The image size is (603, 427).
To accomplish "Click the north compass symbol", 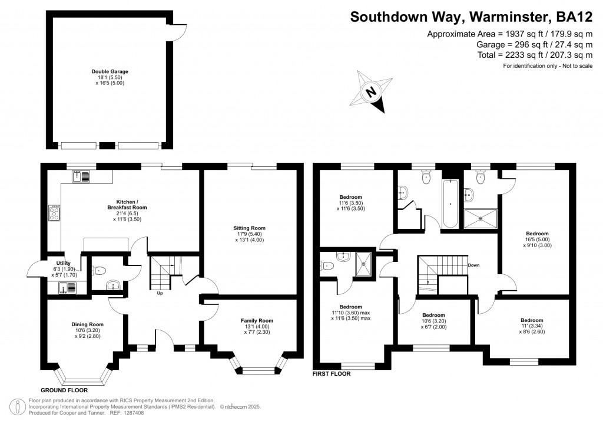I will click(x=372, y=92).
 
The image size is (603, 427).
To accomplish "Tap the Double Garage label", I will click(x=110, y=72).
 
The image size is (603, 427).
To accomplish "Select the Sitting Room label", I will click(x=250, y=228).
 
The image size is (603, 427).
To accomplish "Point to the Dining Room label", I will click(x=88, y=324).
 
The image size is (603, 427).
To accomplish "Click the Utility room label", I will click(x=63, y=263).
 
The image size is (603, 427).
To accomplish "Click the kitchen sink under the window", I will click(x=81, y=175).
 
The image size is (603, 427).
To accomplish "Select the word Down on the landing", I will click(x=473, y=265).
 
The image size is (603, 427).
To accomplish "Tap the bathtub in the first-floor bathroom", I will click(x=450, y=203).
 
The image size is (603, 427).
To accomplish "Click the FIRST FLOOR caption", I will click(x=332, y=374).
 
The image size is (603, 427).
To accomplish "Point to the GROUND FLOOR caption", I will click(x=64, y=390).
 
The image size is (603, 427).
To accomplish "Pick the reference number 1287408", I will click(x=133, y=412).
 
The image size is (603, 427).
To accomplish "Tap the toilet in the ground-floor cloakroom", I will click(x=100, y=271).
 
